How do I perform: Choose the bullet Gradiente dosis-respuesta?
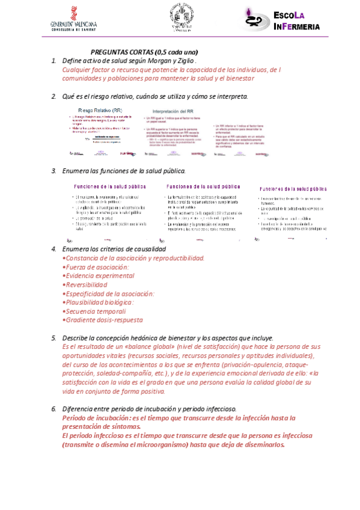coord(103,321)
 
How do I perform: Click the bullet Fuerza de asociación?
coord(96,266)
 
